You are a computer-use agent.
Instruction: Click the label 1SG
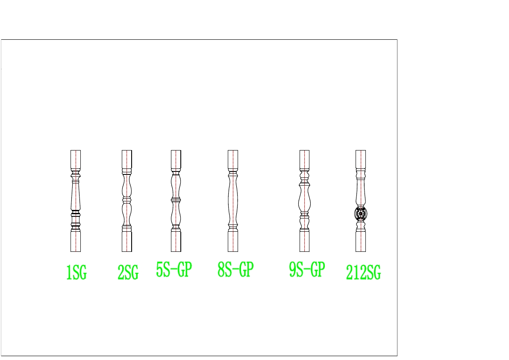(76, 272)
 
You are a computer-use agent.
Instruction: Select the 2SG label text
(128, 272)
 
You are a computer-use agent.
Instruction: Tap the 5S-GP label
(174, 269)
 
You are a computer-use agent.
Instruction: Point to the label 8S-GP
(235, 269)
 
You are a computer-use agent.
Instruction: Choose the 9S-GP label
(307, 269)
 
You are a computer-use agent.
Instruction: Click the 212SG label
(363, 272)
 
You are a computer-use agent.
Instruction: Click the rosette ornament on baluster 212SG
(361, 214)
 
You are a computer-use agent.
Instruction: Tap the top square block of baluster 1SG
(76, 159)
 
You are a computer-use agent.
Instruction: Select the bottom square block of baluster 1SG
(76, 241)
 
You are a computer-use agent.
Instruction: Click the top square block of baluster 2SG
(127, 159)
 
